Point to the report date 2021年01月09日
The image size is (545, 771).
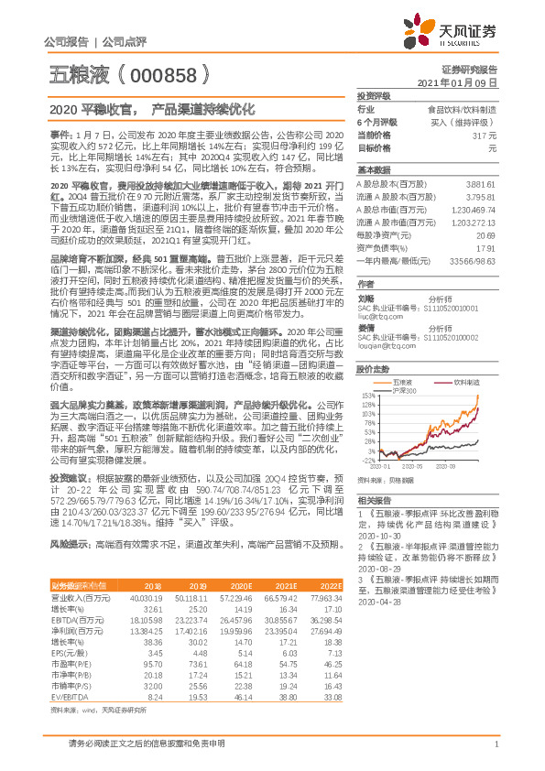click(466, 82)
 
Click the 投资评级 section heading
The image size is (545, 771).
click(374, 95)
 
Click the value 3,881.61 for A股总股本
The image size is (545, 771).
click(481, 183)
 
